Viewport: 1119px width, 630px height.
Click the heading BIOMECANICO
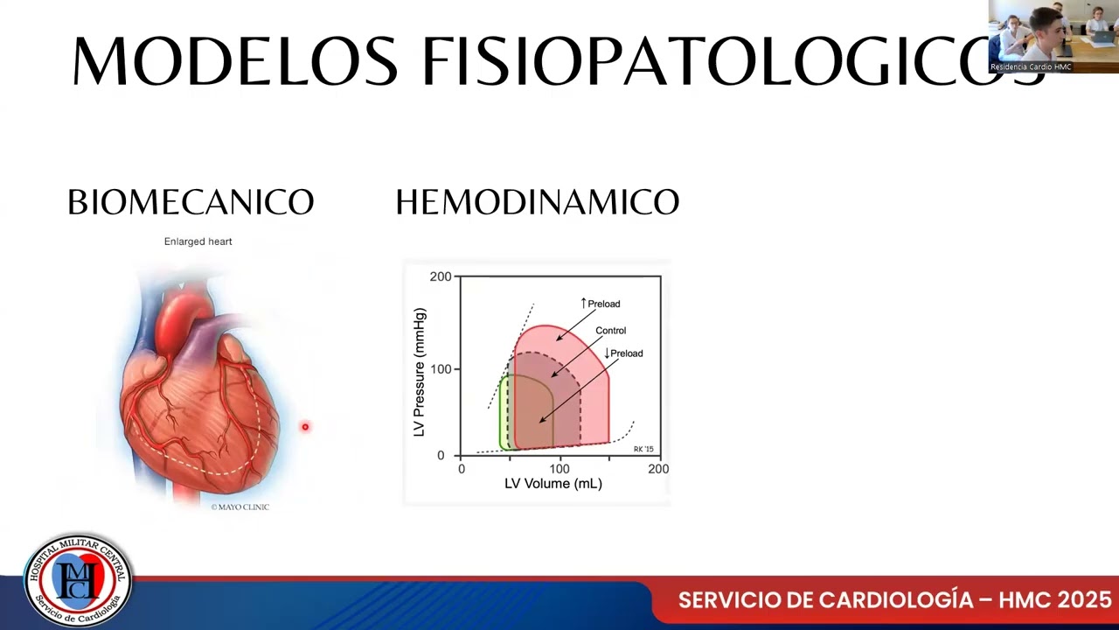click(191, 203)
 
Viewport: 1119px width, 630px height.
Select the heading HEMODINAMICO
click(537, 203)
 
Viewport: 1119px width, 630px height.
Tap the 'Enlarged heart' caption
click(198, 241)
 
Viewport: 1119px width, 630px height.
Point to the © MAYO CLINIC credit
click(240, 507)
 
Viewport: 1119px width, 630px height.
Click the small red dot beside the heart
click(305, 427)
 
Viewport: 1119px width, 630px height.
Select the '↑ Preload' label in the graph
click(601, 304)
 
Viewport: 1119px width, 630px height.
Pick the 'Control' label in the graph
click(610, 331)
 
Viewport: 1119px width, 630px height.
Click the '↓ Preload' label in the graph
click(623, 353)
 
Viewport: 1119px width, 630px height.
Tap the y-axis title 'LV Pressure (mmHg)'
click(419, 372)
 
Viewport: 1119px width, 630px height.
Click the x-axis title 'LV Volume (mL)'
click(553, 484)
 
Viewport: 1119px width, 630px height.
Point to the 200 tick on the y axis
click(441, 276)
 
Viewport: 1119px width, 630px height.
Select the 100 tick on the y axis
click(441, 369)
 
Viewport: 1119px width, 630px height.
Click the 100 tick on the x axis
click(559, 469)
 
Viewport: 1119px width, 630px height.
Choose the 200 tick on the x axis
click(658, 469)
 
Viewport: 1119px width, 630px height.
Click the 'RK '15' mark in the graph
click(643, 449)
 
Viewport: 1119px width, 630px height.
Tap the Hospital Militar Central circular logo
click(79, 580)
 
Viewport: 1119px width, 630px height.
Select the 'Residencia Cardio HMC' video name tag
click(1031, 67)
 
